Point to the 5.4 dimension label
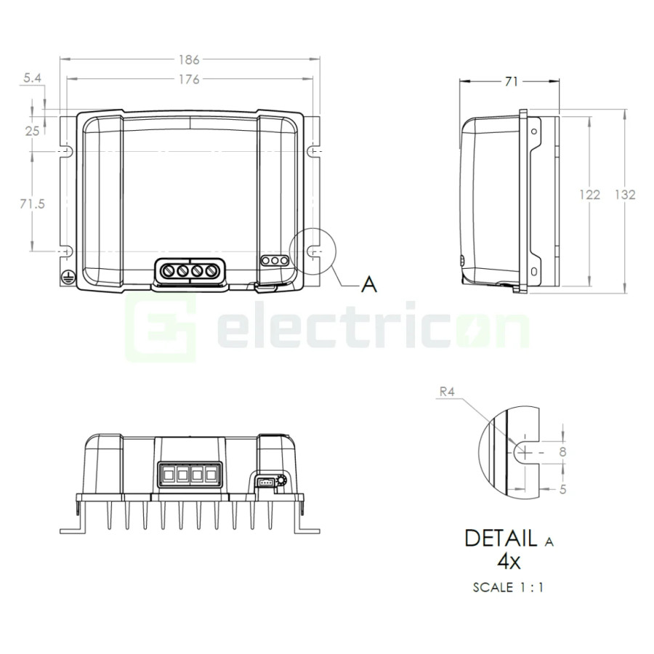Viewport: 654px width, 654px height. tap(33, 76)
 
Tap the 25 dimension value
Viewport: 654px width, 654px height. tap(33, 131)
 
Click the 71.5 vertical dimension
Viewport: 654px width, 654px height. tap(33, 204)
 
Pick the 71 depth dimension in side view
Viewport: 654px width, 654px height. tap(511, 82)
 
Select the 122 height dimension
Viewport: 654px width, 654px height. tap(589, 195)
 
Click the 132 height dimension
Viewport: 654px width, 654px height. tap(625, 195)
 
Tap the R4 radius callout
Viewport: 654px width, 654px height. tap(448, 392)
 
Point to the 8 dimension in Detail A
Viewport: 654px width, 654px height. tap(561, 451)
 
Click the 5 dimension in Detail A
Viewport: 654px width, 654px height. tap(562, 489)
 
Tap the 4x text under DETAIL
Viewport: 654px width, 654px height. tap(507, 561)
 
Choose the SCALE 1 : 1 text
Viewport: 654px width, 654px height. tap(507, 587)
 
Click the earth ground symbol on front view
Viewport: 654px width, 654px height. tap(67, 276)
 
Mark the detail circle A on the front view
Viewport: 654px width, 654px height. tap(313, 249)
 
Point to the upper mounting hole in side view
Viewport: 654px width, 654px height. tap(534, 132)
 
